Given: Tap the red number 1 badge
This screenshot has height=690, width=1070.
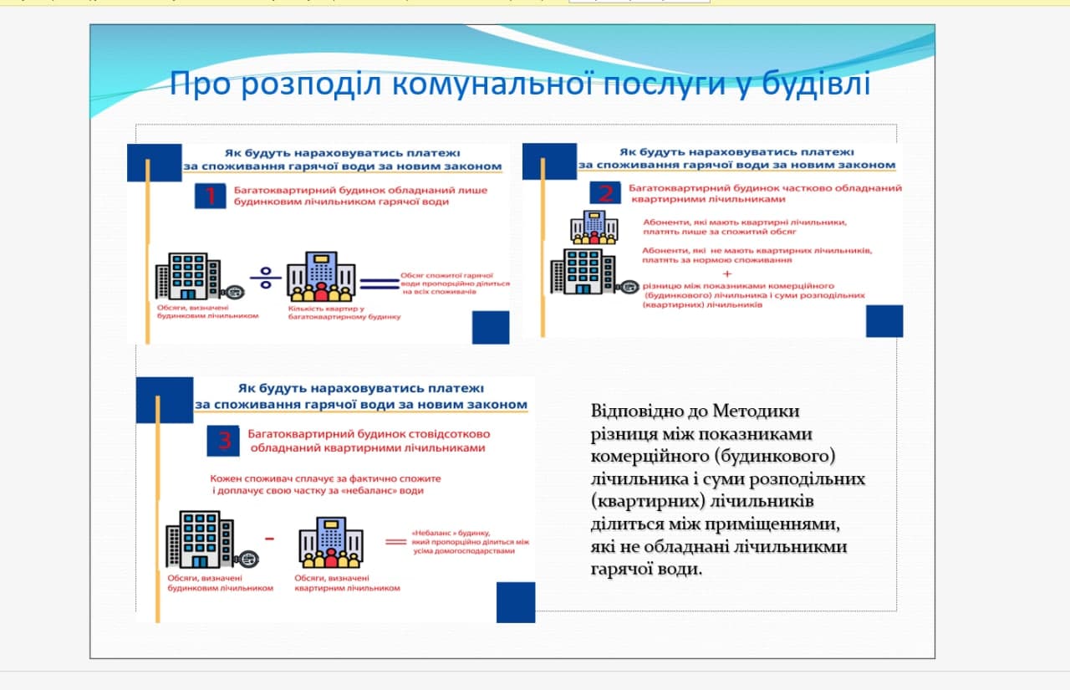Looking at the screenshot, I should coord(211,197).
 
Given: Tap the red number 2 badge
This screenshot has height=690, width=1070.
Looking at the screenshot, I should coord(606,194).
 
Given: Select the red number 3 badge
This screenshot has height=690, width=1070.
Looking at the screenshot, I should coord(224,440).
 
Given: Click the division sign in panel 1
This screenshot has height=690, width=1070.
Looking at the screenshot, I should coord(266,278).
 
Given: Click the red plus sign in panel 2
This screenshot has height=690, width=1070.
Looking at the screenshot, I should coord(726,273).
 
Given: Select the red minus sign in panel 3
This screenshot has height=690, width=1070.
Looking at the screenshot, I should coord(269,539).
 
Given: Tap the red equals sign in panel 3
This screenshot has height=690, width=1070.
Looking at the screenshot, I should coord(394,542).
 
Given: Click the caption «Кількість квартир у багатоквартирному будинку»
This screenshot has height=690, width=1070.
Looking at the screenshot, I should coord(344,313).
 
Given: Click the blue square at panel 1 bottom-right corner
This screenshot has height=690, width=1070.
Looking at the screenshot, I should coord(491,327).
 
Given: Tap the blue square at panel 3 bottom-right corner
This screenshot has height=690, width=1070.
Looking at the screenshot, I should coord(515,602).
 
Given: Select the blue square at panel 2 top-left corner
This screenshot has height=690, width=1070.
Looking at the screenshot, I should coord(549,161).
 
